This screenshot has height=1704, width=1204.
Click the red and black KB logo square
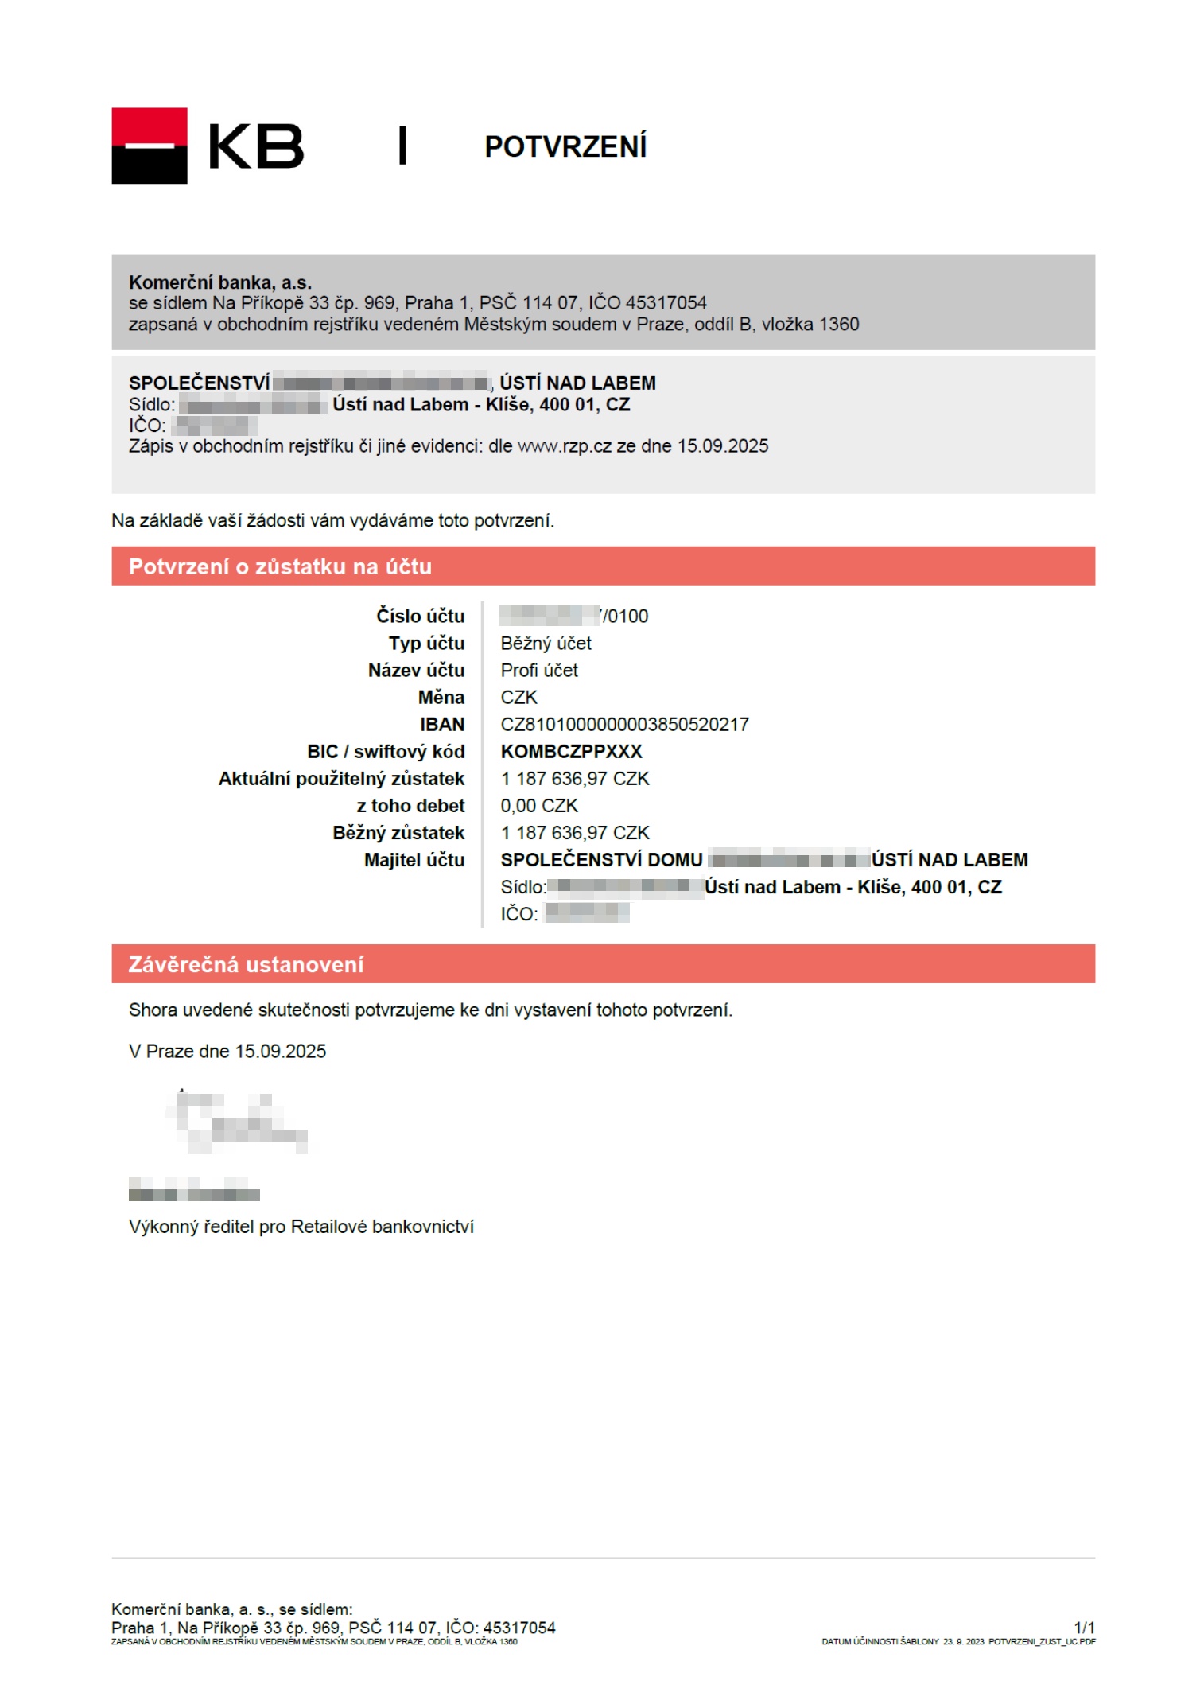(149, 146)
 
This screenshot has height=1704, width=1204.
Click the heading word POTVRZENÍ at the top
(565, 147)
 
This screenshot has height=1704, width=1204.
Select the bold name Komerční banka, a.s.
(220, 282)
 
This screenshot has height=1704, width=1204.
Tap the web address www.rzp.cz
(564, 446)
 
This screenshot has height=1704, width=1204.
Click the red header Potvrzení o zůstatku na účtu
(280, 566)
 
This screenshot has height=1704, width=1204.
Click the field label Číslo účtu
(420, 616)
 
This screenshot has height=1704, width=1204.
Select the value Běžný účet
(546, 643)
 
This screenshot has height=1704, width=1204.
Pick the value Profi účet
(539, 670)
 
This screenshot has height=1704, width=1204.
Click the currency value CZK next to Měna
(518, 697)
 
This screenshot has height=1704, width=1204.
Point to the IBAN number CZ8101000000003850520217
(624, 724)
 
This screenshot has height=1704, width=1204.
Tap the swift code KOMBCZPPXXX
(571, 751)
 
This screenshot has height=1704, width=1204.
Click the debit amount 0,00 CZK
(538, 805)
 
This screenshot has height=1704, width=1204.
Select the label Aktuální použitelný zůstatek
(341, 778)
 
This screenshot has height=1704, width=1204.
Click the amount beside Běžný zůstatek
(574, 832)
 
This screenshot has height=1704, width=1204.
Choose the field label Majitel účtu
(414, 859)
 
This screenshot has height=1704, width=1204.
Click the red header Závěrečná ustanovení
(246, 964)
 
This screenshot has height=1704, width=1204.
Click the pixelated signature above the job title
(236, 1122)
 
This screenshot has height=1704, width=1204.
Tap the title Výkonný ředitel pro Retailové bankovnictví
(301, 1226)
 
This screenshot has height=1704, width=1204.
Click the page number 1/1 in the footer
(1084, 1627)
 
